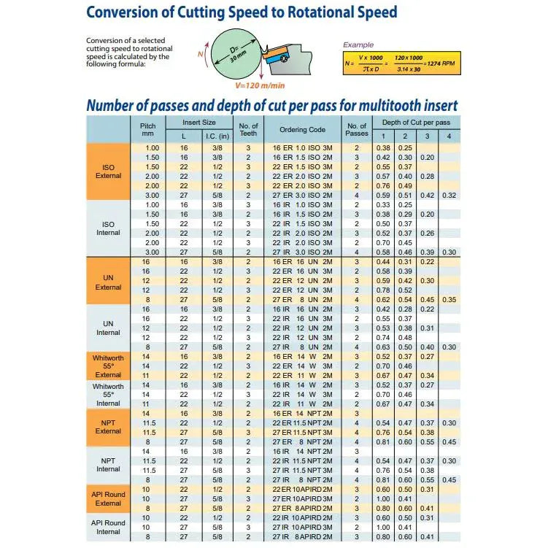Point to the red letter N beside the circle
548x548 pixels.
click(x=201, y=54)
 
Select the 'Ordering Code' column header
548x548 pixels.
click(x=302, y=130)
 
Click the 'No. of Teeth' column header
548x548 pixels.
click(x=249, y=130)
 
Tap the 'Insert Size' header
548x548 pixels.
click(x=198, y=123)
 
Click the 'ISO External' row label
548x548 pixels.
click(x=108, y=171)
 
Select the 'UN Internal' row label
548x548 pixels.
click(x=108, y=328)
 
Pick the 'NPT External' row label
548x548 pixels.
click(x=108, y=427)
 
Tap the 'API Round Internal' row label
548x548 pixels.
click(x=108, y=527)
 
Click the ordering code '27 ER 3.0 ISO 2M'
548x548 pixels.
click(x=302, y=196)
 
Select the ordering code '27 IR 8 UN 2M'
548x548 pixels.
click(x=302, y=347)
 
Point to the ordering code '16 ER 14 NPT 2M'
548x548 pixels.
click(x=302, y=413)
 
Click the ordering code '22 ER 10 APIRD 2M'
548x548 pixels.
click(x=302, y=489)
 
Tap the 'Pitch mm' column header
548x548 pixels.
click(x=148, y=130)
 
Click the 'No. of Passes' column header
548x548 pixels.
click(x=357, y=130)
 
